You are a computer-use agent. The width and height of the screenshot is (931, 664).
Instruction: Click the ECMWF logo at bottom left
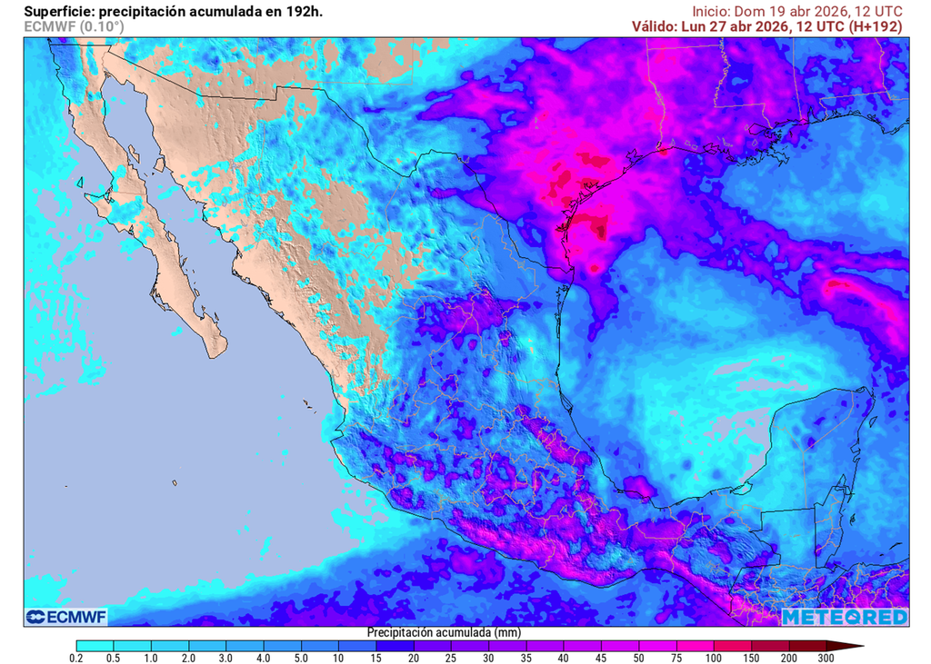point(66,618)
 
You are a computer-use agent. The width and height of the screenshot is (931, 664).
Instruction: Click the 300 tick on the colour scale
point(825,657)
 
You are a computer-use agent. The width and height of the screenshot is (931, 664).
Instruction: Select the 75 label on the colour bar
point(676,657)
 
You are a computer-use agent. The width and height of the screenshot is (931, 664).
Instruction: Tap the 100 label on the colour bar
point(713,657)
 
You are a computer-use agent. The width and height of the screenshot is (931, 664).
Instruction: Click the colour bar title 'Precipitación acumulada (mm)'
point(444,631)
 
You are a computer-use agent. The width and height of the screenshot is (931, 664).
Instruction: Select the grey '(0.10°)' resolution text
point(101,26)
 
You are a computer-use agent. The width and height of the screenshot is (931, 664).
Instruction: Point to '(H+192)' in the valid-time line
point(875,26)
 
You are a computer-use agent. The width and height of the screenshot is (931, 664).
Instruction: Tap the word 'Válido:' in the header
point(655,26)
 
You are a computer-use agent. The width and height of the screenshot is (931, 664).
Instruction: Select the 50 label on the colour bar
point(638,657)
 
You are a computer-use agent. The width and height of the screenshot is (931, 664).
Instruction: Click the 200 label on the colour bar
point(787,657)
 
